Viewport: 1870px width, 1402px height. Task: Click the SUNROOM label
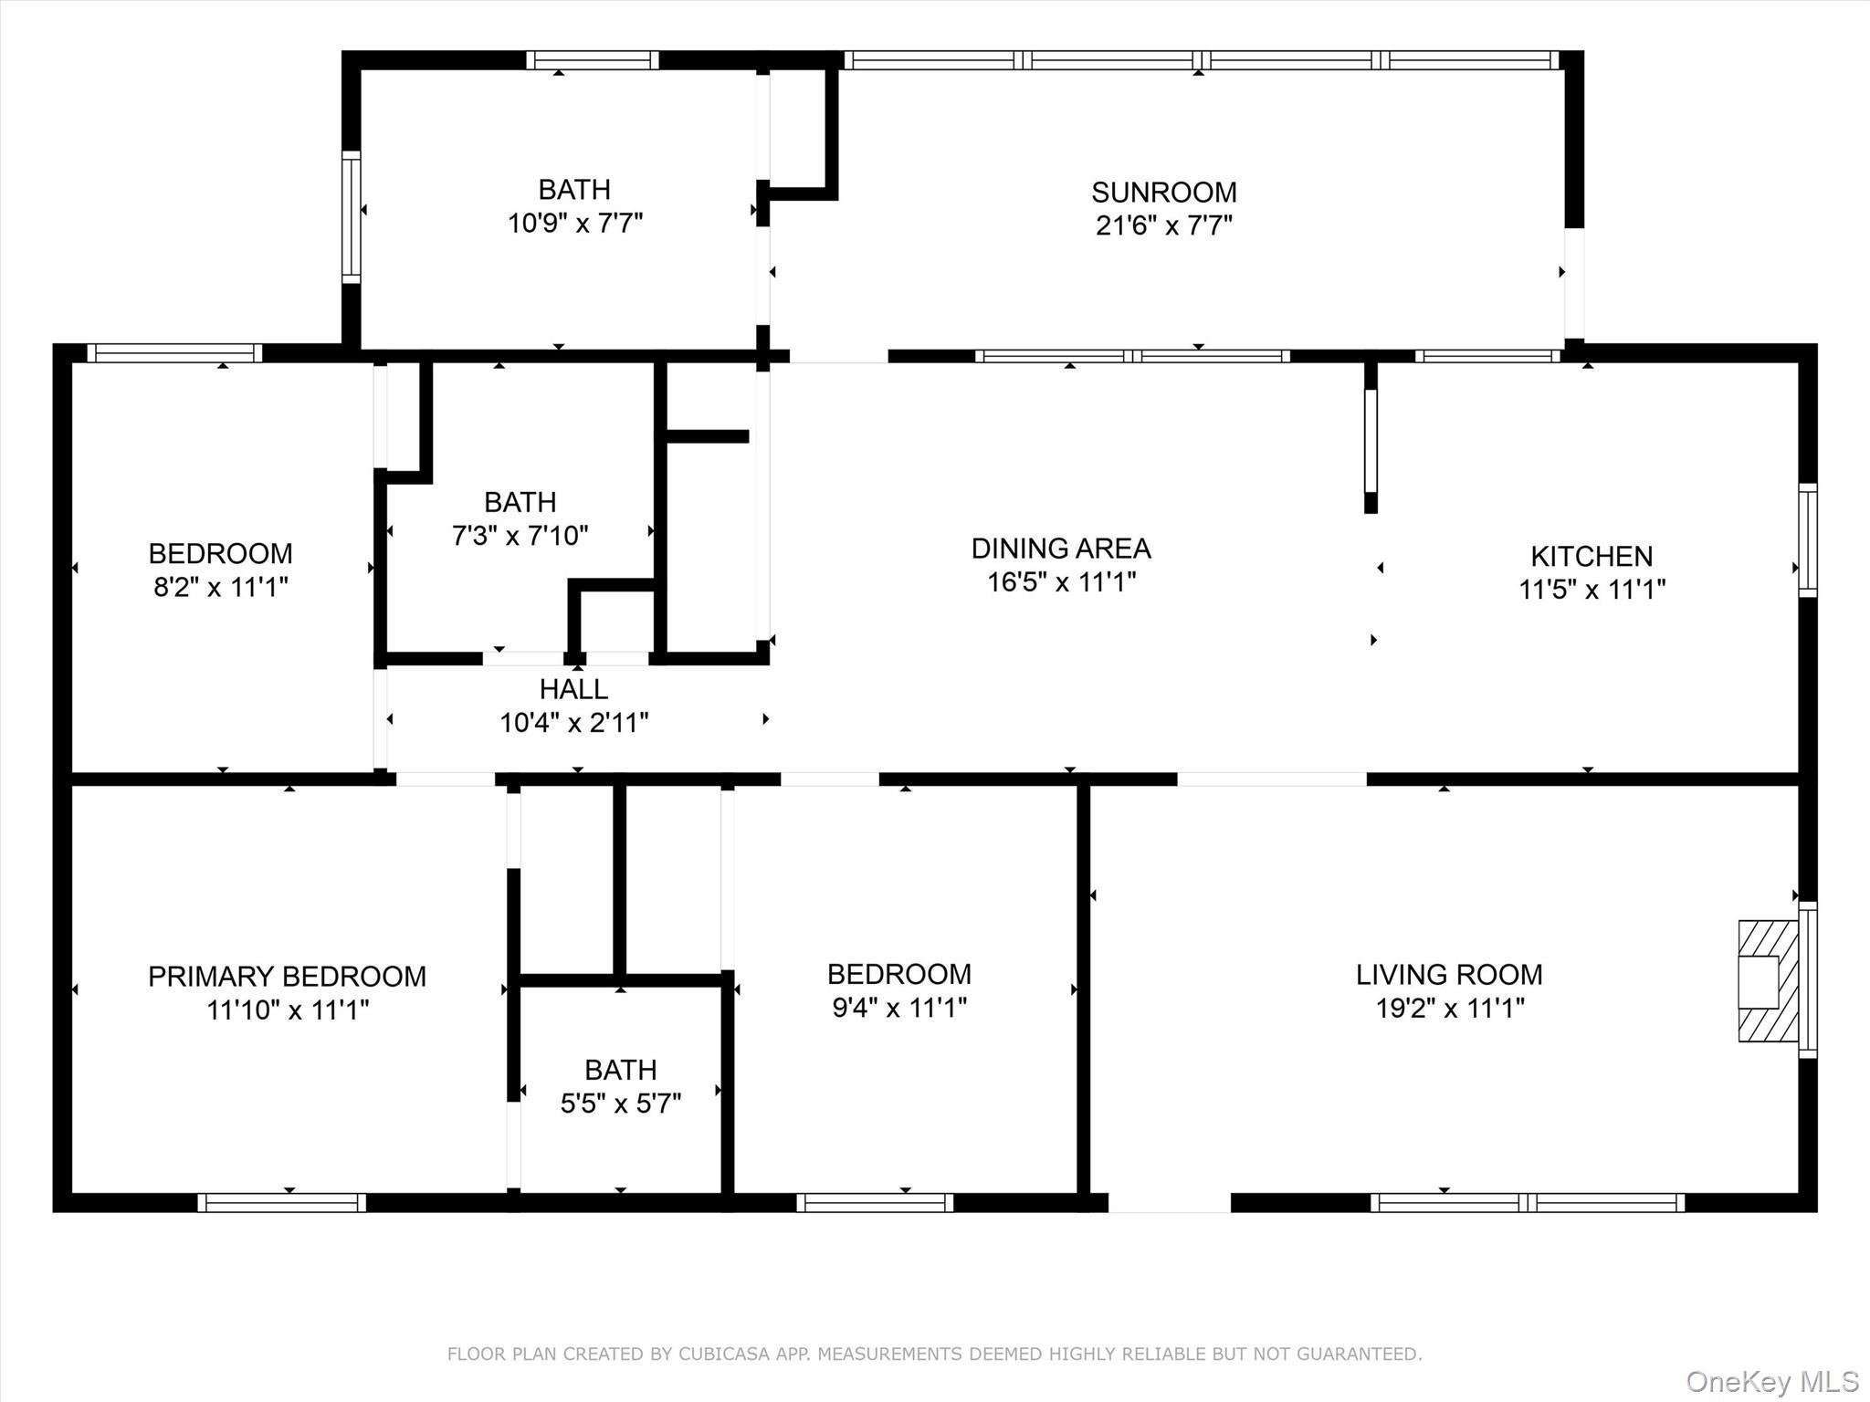[1163, 193]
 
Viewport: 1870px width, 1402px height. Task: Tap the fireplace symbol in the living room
[1766, 981]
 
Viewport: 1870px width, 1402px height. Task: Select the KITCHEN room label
[1591, 556]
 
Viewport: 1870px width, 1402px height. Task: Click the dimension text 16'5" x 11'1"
[1060, 582]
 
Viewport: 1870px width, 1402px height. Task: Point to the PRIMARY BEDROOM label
[287, 977]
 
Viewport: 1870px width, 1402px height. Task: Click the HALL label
[573, 689]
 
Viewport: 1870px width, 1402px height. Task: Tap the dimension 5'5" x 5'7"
[621, 1104]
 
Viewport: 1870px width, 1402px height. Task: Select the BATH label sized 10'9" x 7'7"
[573, 190]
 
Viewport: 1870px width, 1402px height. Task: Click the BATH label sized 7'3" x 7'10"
[520, 502]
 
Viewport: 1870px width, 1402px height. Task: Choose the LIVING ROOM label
[1448, 975]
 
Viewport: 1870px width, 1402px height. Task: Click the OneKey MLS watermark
[1771, 1381]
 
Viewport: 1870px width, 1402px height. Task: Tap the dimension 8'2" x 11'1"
[220, 587]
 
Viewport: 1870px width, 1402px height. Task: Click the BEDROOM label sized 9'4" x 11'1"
[898, 975]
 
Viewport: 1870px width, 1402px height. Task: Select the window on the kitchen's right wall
[1807, 540]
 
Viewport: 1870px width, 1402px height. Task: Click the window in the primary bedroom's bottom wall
[281, 1203]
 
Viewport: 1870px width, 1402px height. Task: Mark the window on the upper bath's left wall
[351, 216]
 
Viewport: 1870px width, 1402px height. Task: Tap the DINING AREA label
[1060, 549]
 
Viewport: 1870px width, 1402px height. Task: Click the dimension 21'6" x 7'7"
[1163, 225]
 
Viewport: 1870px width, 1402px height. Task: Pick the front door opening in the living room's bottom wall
[1169, 1203]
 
